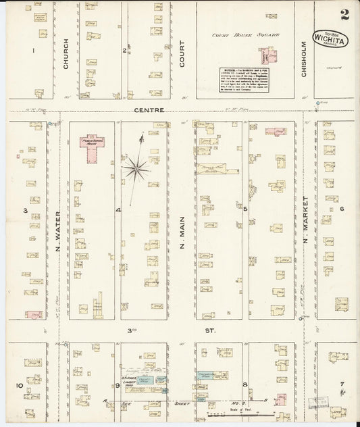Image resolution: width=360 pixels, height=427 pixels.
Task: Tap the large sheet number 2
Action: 345,14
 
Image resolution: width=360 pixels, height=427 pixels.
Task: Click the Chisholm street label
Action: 304,59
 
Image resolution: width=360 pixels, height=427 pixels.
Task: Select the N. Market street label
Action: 305,220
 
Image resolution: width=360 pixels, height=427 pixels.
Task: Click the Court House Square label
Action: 245,34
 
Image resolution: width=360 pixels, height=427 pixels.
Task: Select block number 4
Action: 118,211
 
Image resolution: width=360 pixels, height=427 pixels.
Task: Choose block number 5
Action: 246,209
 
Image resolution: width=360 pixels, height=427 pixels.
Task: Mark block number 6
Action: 342,209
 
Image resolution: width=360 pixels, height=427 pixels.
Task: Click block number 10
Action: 21,386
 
